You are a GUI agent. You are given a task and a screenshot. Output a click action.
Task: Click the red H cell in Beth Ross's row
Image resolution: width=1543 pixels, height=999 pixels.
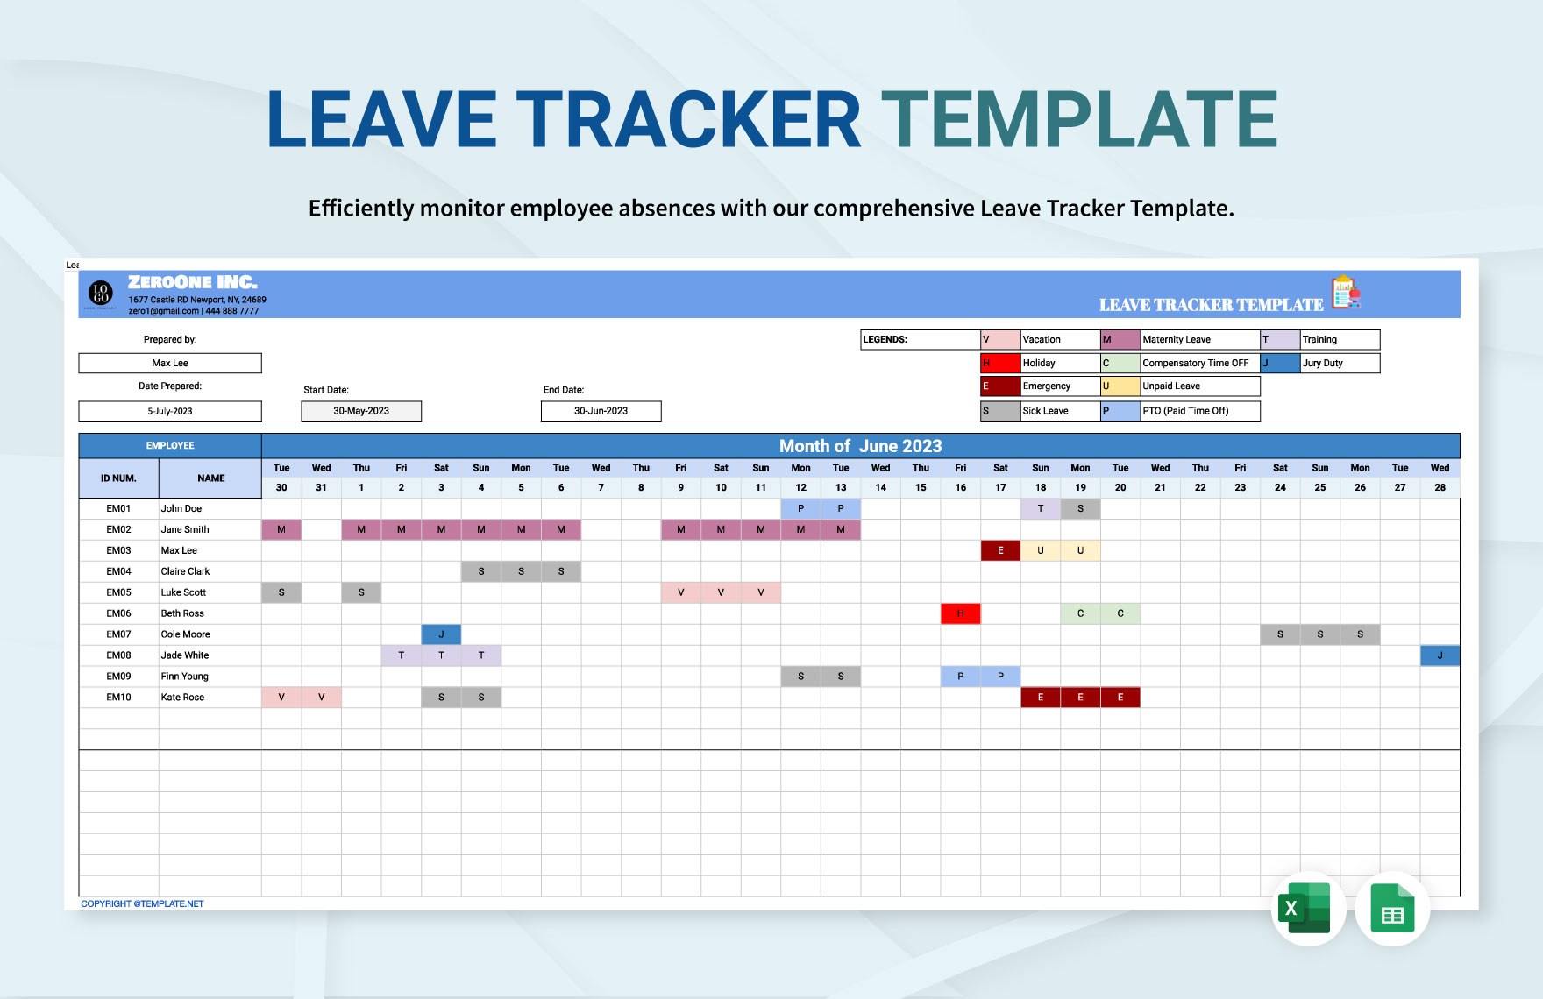coord(960,613)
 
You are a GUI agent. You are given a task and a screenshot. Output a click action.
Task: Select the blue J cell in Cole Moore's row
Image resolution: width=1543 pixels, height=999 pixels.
coord(441,634)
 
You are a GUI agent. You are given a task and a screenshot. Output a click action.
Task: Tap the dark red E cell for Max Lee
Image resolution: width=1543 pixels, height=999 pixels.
coord(1000,550)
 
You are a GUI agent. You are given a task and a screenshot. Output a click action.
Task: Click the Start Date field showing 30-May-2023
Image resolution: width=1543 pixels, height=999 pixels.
coord(361,411)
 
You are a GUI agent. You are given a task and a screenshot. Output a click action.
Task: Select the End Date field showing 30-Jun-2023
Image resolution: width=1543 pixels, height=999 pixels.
coord(601,411)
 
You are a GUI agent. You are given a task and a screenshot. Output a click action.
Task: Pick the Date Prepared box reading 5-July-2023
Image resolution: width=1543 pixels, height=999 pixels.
coord(170,411)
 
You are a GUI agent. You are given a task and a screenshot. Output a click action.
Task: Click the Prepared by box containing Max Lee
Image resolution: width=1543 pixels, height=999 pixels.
coord(170,363)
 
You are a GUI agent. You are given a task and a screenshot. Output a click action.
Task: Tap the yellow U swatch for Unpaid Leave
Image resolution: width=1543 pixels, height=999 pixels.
coord(1120,386)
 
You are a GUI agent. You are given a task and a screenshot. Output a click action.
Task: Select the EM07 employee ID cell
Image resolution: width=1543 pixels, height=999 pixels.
coord(119,634)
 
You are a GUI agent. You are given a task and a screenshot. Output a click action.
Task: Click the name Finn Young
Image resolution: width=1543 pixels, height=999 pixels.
coord(185,677)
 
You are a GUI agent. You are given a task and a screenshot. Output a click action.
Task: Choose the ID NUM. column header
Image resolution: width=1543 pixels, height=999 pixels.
coord(118,478)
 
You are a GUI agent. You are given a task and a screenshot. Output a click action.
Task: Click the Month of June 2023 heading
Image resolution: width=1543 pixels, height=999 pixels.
coord(860,446)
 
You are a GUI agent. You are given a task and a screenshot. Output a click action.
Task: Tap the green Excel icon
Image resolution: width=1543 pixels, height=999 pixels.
coord(1307,910)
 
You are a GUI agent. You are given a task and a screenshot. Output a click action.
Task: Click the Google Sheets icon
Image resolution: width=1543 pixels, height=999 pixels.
coord(1392,910)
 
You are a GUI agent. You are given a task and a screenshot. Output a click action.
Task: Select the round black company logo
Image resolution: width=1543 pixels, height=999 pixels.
coord(101,294)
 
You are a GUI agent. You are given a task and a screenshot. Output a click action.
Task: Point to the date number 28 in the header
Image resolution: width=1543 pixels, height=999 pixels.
coord(1440,487)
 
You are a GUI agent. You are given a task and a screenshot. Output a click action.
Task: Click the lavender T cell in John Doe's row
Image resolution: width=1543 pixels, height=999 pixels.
coord(1040,508)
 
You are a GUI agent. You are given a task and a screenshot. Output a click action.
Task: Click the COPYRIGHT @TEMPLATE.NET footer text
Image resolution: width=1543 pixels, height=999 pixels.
coord(142,903)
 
